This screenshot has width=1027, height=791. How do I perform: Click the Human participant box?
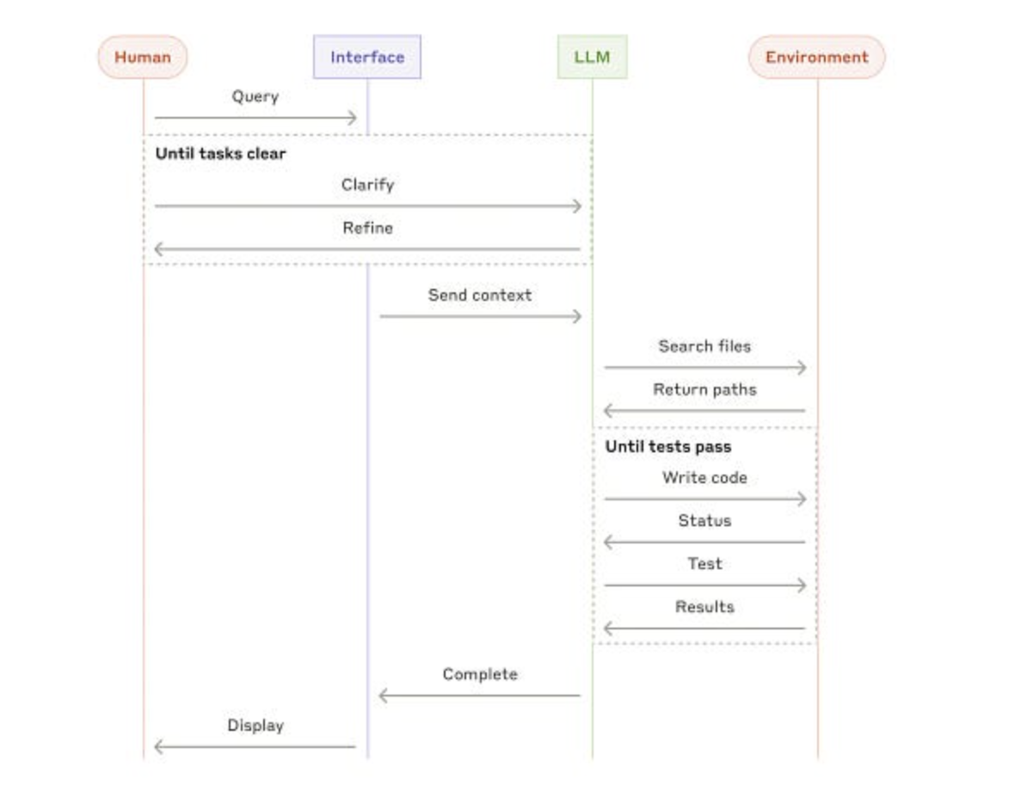tap(142, 58)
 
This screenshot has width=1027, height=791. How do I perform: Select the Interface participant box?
tap(367, 58)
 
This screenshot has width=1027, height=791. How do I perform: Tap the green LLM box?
tap(592, 58)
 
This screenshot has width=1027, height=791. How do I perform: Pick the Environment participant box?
tap(816, 58)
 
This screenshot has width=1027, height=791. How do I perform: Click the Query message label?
tap(255, 96)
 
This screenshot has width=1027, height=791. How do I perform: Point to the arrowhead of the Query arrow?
tap(352, 118)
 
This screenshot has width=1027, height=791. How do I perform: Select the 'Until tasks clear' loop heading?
tap(221, 155)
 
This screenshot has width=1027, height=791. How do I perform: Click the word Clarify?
tap(367, 185)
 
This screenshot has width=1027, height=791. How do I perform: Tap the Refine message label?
tap(367, 228)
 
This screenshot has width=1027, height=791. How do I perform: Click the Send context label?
tap(480, 295)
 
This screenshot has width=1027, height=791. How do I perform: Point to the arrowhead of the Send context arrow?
tap(577, 316)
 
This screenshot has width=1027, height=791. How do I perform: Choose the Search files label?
tap(704, 346)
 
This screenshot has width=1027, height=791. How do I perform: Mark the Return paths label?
tap(704, 389)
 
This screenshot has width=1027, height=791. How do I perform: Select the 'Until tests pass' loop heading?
tap(668, 447)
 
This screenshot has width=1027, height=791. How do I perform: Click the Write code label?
tap(704, 478)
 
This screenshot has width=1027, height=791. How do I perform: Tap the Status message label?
tap(704, 521)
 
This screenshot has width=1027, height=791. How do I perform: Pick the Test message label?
tap(704, 564)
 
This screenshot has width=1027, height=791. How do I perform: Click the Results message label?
tap(704, 607)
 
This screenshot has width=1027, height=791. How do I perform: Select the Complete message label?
tap(480, 675)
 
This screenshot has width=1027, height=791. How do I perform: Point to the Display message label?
tap(255, 726)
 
